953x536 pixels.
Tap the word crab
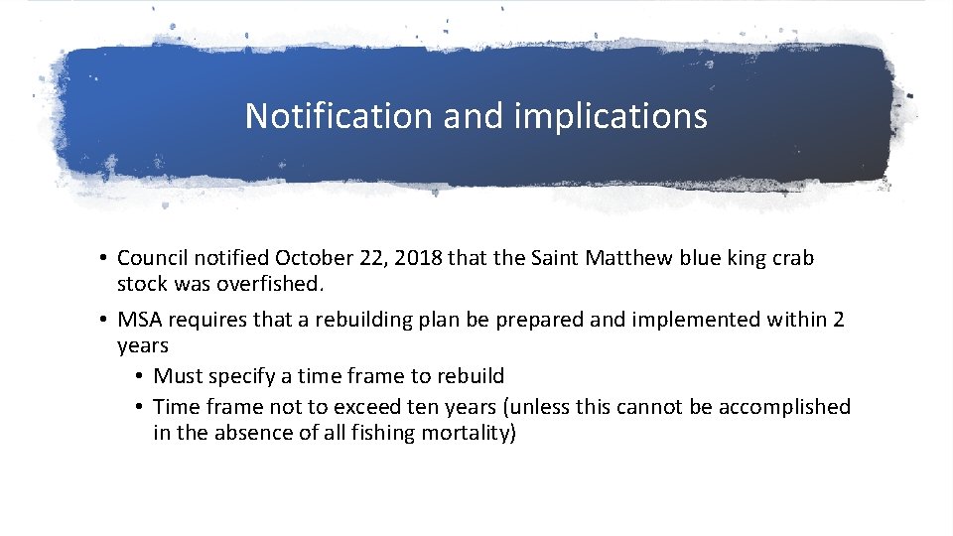coord(793,258)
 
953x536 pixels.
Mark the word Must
coord(178,376)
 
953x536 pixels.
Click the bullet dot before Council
coord(103,259)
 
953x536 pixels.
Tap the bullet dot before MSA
coord(103,321)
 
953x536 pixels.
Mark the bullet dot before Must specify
coord(140,377)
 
